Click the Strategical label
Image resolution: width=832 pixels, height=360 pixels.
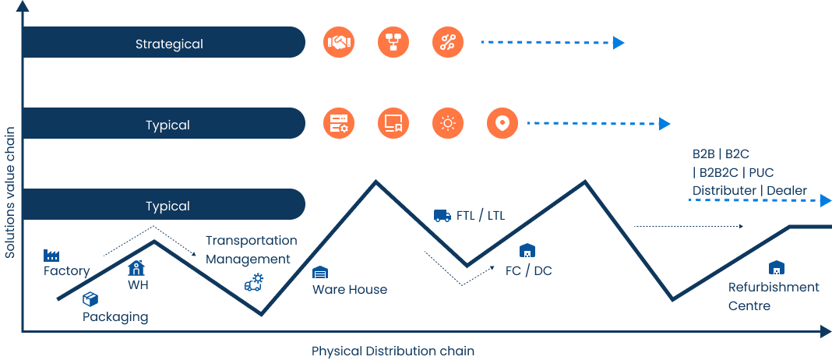pos(169,44)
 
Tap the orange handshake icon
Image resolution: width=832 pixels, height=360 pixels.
pos(339,42)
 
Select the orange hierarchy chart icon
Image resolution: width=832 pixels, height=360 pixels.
pos(393,42)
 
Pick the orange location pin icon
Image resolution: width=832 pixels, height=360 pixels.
pos(502,123)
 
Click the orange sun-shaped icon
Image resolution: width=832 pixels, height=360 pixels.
pos(447,123)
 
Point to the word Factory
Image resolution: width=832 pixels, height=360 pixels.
pos(66,271)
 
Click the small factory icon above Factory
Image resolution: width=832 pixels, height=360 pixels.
pos(52,255)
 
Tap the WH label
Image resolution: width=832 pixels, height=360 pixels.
pos(138,284)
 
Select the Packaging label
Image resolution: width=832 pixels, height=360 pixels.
pos(115,317)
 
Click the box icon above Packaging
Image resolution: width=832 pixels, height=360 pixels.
pos(90,298)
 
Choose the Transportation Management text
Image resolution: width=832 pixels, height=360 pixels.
pos(251,249)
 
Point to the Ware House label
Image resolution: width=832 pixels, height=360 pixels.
pos(350,289)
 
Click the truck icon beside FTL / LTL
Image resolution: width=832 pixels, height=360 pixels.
pos(442,215)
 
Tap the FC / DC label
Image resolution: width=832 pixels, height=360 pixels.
pos(529,270)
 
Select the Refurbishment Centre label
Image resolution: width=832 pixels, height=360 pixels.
pos(773,296)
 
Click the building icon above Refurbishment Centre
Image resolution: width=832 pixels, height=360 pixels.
pos(776,267)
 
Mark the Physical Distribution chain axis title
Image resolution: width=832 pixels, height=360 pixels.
pos(393,351)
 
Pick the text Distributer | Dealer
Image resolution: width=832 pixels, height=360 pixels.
pos(749,190)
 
